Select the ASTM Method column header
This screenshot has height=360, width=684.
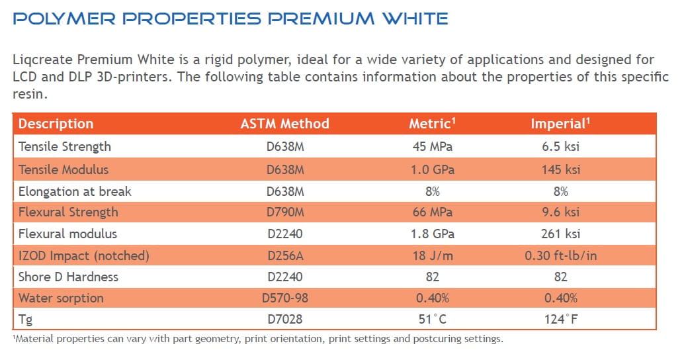(x=284, y=124)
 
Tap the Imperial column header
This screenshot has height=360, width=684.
(x=559, y=124)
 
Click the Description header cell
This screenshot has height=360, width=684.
(x=56, y=124)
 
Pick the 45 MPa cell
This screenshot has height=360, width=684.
(x=432, y=146)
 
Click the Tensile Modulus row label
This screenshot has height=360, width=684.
(x=64, y=169)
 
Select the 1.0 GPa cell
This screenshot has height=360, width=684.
(x=432, y=169)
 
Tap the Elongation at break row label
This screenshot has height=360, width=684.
(x=75, y=191)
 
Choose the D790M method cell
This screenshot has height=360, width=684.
(x=284, y=212)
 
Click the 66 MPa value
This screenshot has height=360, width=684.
(x=432, y=212)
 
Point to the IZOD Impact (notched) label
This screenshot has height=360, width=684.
(x=84, y=255)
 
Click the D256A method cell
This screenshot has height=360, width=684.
(x=284, y=255)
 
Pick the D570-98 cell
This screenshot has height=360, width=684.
(x=284, y=298)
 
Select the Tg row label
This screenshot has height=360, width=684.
(x=25, y=320)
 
